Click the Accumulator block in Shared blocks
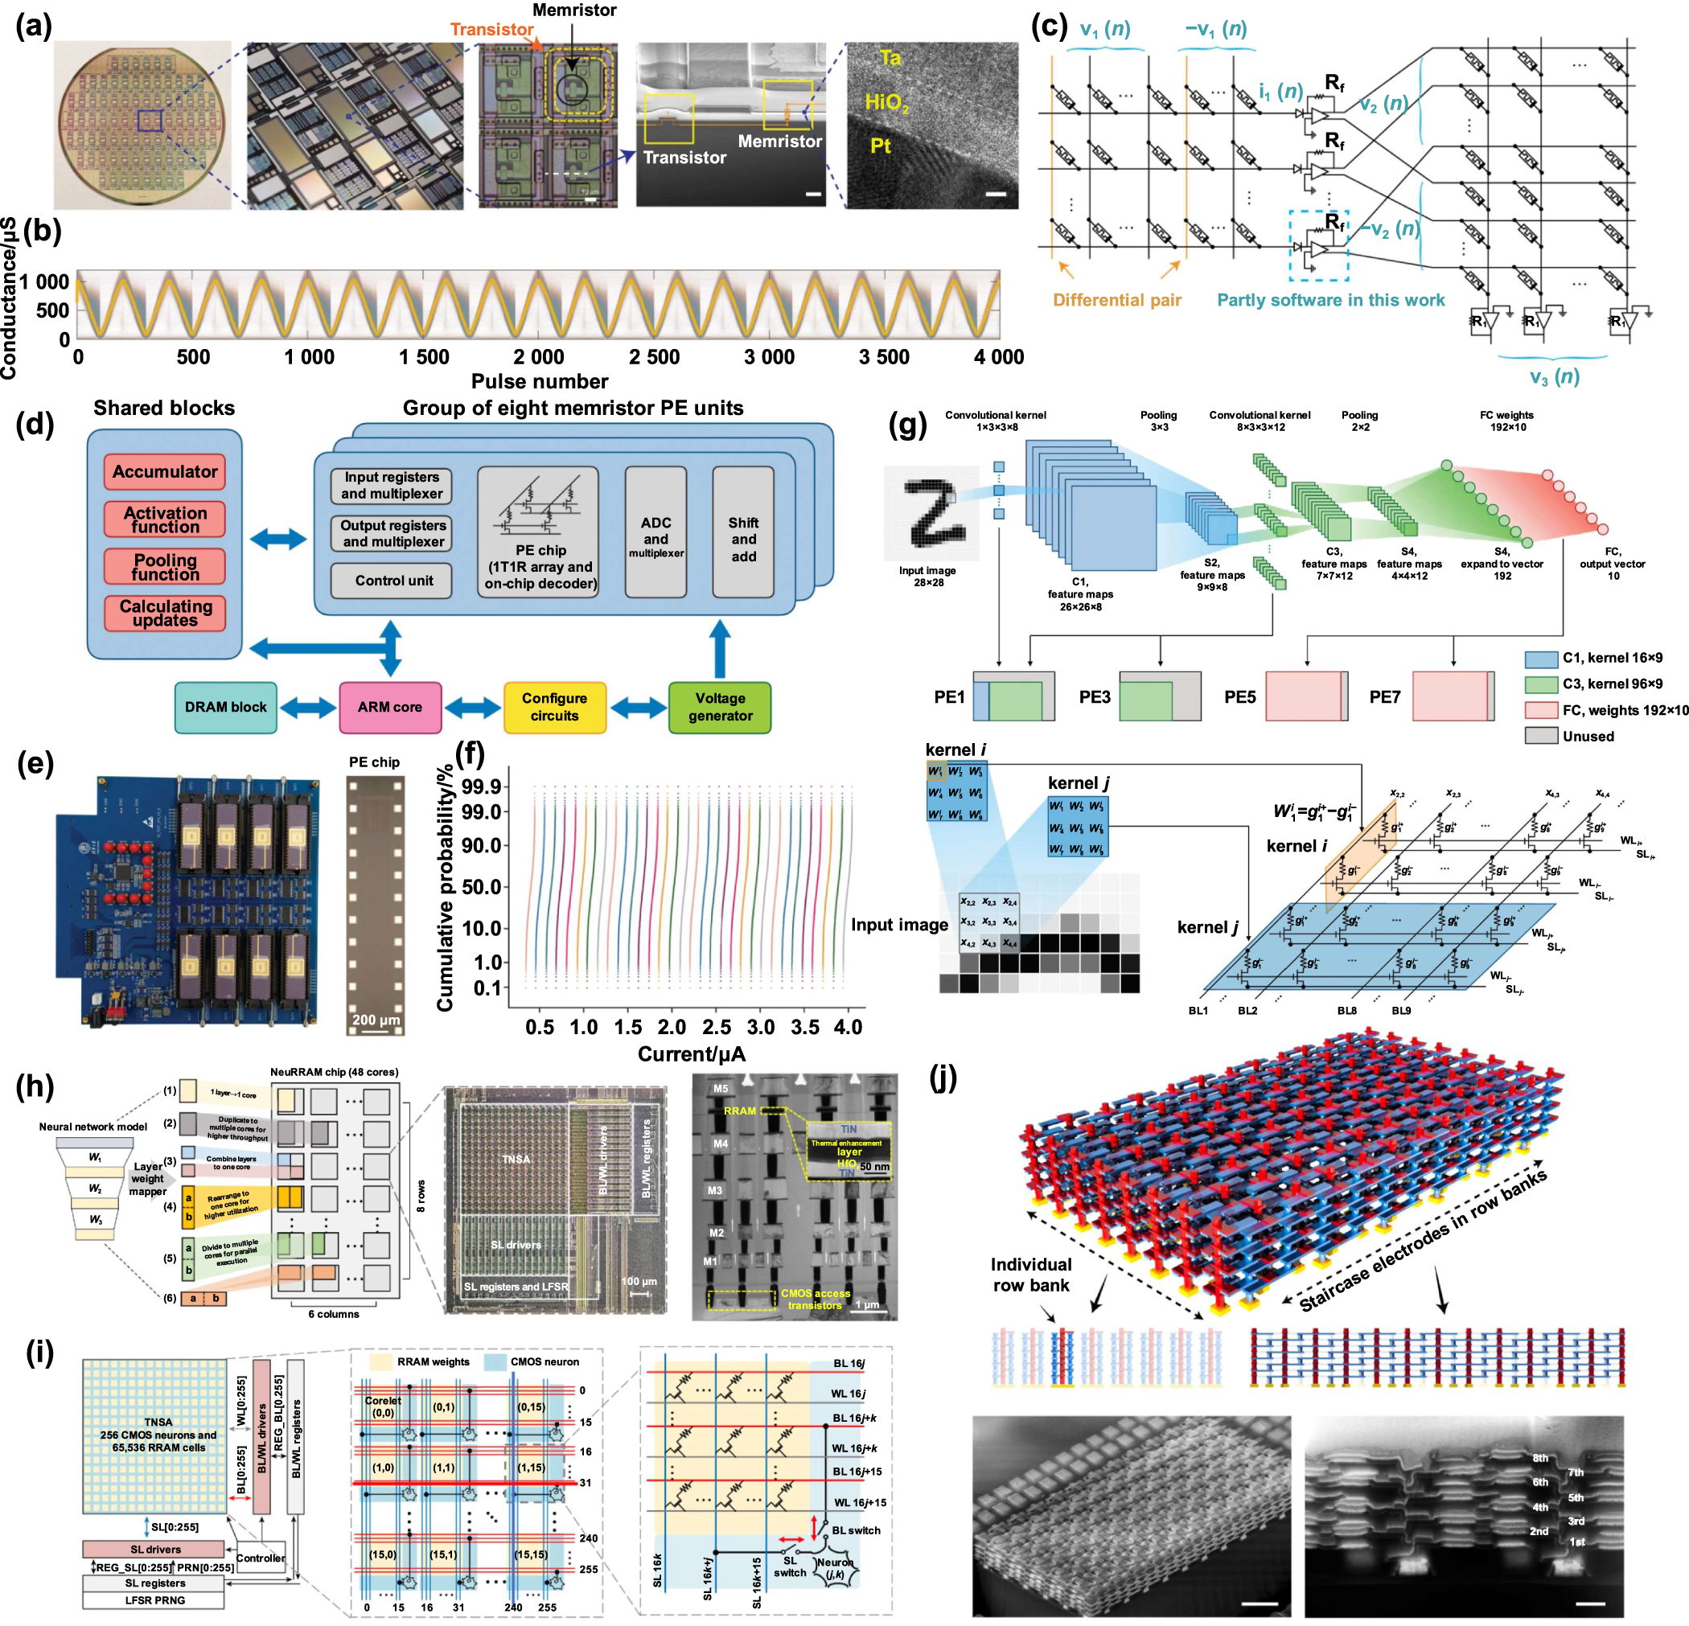[165, 471]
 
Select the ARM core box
[389, 707]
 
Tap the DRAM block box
[226, 707]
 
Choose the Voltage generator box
[720, 707]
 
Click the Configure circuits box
[554, 707]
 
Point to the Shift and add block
[743, 540]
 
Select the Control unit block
[393, 580]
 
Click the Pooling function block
[165, 567]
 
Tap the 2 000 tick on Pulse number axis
[539, 357]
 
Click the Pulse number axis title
[540, 381]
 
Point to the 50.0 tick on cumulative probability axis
[482, 887]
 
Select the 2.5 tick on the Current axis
[716, 1026]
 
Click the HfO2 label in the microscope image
[886, 103]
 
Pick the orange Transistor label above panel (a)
[491, 29]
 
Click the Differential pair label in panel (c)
[1117, 300]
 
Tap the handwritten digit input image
[931, 514]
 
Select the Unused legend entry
[1588, 736]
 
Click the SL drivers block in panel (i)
[154, 1550]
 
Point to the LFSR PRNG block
[154, 1600]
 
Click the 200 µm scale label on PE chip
[376, 1020]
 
